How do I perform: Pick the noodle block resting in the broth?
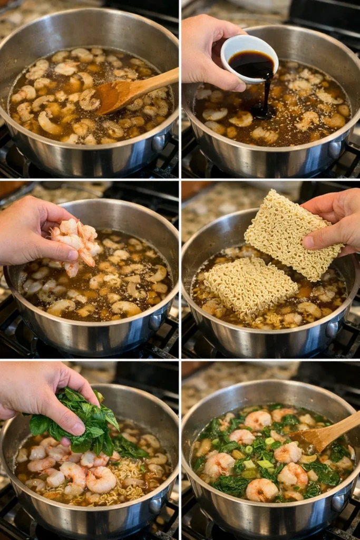point(250,287)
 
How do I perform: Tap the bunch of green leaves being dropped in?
point(84,422)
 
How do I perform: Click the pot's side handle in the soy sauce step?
point(335,150)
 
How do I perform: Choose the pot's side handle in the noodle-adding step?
point(333,330)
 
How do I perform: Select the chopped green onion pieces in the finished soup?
point(264,464)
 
